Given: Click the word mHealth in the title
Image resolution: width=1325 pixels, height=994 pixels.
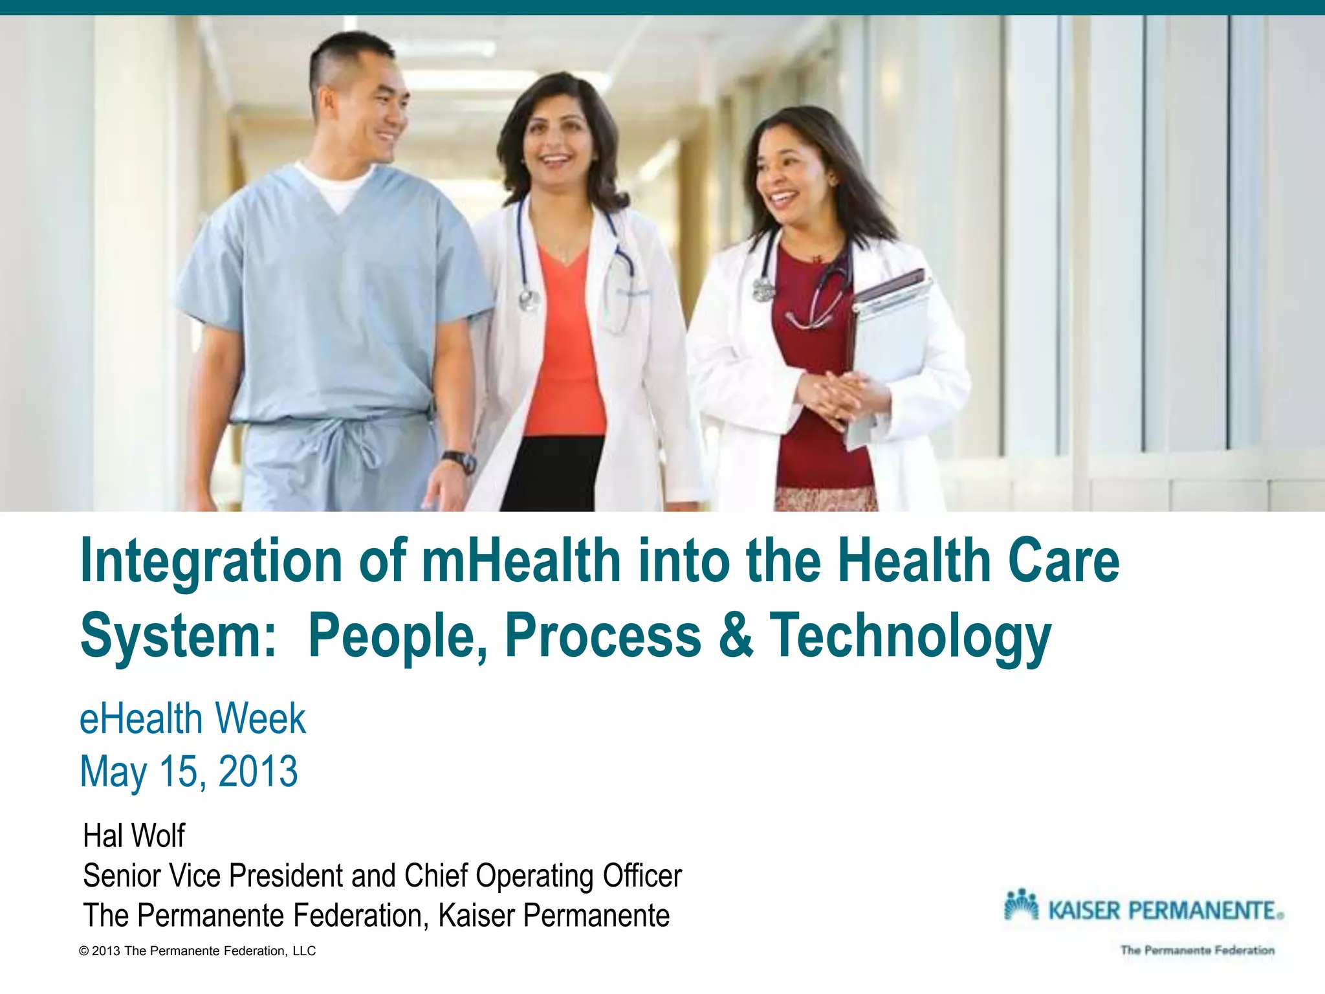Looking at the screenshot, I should [x=521, y=560].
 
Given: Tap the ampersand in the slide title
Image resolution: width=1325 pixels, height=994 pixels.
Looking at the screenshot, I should [x=736, y=635].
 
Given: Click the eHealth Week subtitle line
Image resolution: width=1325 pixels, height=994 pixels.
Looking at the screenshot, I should [x=192, y=719].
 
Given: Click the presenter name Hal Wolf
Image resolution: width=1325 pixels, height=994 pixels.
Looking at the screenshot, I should [x=134, y=835].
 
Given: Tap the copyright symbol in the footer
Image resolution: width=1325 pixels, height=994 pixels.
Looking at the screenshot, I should [x=83, y=951].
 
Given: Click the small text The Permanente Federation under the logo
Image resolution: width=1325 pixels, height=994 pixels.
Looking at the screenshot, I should [x=1198, y=950].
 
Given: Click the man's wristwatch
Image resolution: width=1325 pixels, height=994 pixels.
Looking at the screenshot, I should [x=460, y=461].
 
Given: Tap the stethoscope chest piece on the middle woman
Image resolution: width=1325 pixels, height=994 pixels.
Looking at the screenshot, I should [x=529, y=298].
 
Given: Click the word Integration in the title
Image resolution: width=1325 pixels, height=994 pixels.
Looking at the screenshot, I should [x=211, y=560].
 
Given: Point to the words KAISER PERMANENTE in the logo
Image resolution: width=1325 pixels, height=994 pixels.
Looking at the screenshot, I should [x=1162, y=911].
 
